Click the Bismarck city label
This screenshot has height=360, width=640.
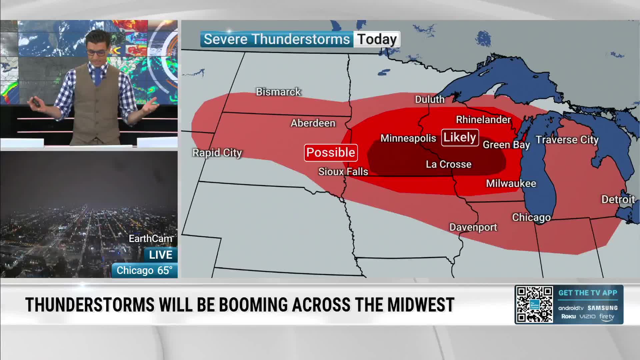pos(278,92)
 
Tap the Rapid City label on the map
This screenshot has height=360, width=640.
pos(217,153)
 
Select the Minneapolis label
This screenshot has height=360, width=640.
pos(408,138)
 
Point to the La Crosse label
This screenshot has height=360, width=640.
pos(449,164)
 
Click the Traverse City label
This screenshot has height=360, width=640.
pos(567,140)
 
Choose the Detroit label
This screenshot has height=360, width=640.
pos(618,199)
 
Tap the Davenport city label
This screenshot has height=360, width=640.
pos(473,227)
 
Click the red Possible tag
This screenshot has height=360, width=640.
pos(331,153)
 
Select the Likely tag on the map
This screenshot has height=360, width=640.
pos(460,137)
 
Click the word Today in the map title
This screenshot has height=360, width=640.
pos(377,39)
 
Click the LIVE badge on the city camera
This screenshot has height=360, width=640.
pos(160,255)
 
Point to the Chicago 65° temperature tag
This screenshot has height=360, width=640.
pos(144,270)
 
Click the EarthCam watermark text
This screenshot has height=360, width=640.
pos(150,239)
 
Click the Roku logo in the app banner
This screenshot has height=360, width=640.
pos(568,316)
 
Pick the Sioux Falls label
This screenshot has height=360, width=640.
pos(343,172)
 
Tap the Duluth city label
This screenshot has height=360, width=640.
pos(429,99)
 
